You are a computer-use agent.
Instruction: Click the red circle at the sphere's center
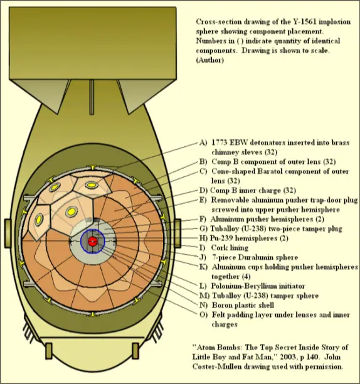pos(92,242)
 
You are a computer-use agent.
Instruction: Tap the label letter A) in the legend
pos(203,142)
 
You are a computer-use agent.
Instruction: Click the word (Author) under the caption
pos(209,60)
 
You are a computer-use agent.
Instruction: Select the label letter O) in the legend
pos(203,315)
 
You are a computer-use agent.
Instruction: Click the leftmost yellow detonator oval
pos(39,220)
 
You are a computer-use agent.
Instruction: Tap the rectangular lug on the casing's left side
pos(8,233)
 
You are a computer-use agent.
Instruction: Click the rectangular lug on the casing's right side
pos(178,233)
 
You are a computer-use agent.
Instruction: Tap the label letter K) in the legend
pos(203,267)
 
